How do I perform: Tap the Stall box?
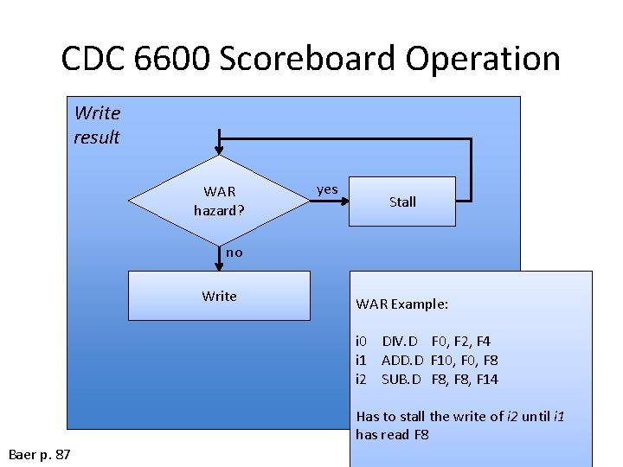click(x=402, y=202)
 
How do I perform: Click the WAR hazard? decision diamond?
click(x=219, y=201)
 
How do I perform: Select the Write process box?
click(x=219, y=296)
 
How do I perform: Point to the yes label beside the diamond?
click(x=327, y=189)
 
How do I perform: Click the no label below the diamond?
click(x=234, y=253)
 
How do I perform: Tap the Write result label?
click(x=97, y=125)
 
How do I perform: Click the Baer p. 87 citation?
click(x=40, y=454)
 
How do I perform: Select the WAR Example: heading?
click(x=402, y=304)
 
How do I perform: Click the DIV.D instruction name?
click(x=400, y=342)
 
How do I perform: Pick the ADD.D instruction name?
click(x=402, y=361)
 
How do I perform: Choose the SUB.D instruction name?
click(x=401, y=380)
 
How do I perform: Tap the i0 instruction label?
click(x=362, y=342)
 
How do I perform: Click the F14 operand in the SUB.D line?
click(x=487, y=380)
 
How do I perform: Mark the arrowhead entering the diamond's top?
click(x=220, y=149)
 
